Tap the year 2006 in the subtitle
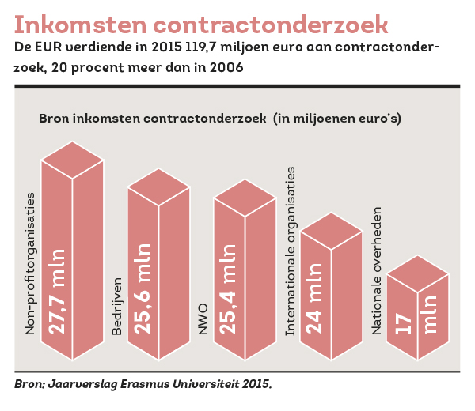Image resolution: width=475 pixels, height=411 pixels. [224, 67]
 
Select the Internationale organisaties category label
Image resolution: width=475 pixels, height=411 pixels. [290, 251]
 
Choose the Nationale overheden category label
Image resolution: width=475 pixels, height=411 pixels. [377, 268]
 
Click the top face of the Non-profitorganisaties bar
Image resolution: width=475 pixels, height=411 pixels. [72, 160]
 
